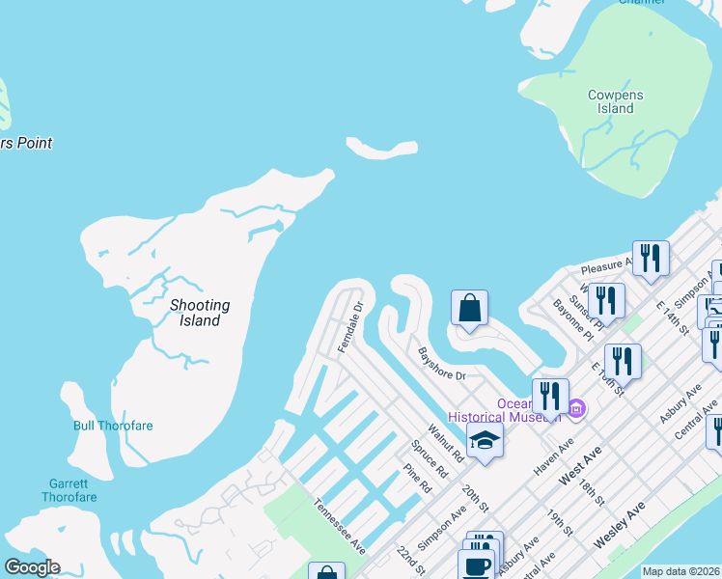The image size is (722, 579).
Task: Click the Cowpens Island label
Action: tap(615, 101)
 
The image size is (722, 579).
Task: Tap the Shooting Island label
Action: tap(200, 313)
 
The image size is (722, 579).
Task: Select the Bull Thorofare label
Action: tap(113, 426)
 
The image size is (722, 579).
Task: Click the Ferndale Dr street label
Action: tap(349, 327)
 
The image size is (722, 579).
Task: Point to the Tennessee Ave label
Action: tap(339, 526)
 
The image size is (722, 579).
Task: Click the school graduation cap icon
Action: tap(485, 441)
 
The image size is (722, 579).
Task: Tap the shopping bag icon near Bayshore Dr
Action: tap(469, 309)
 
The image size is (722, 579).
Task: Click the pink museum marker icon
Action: tap(576, 410)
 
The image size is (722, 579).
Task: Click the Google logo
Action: tap(32, 567)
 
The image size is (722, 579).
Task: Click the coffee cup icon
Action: tap(477, 565)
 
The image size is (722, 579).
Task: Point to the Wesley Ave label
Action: tap(620, 525)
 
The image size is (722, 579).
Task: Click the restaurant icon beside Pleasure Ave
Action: tap(651, 258)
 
